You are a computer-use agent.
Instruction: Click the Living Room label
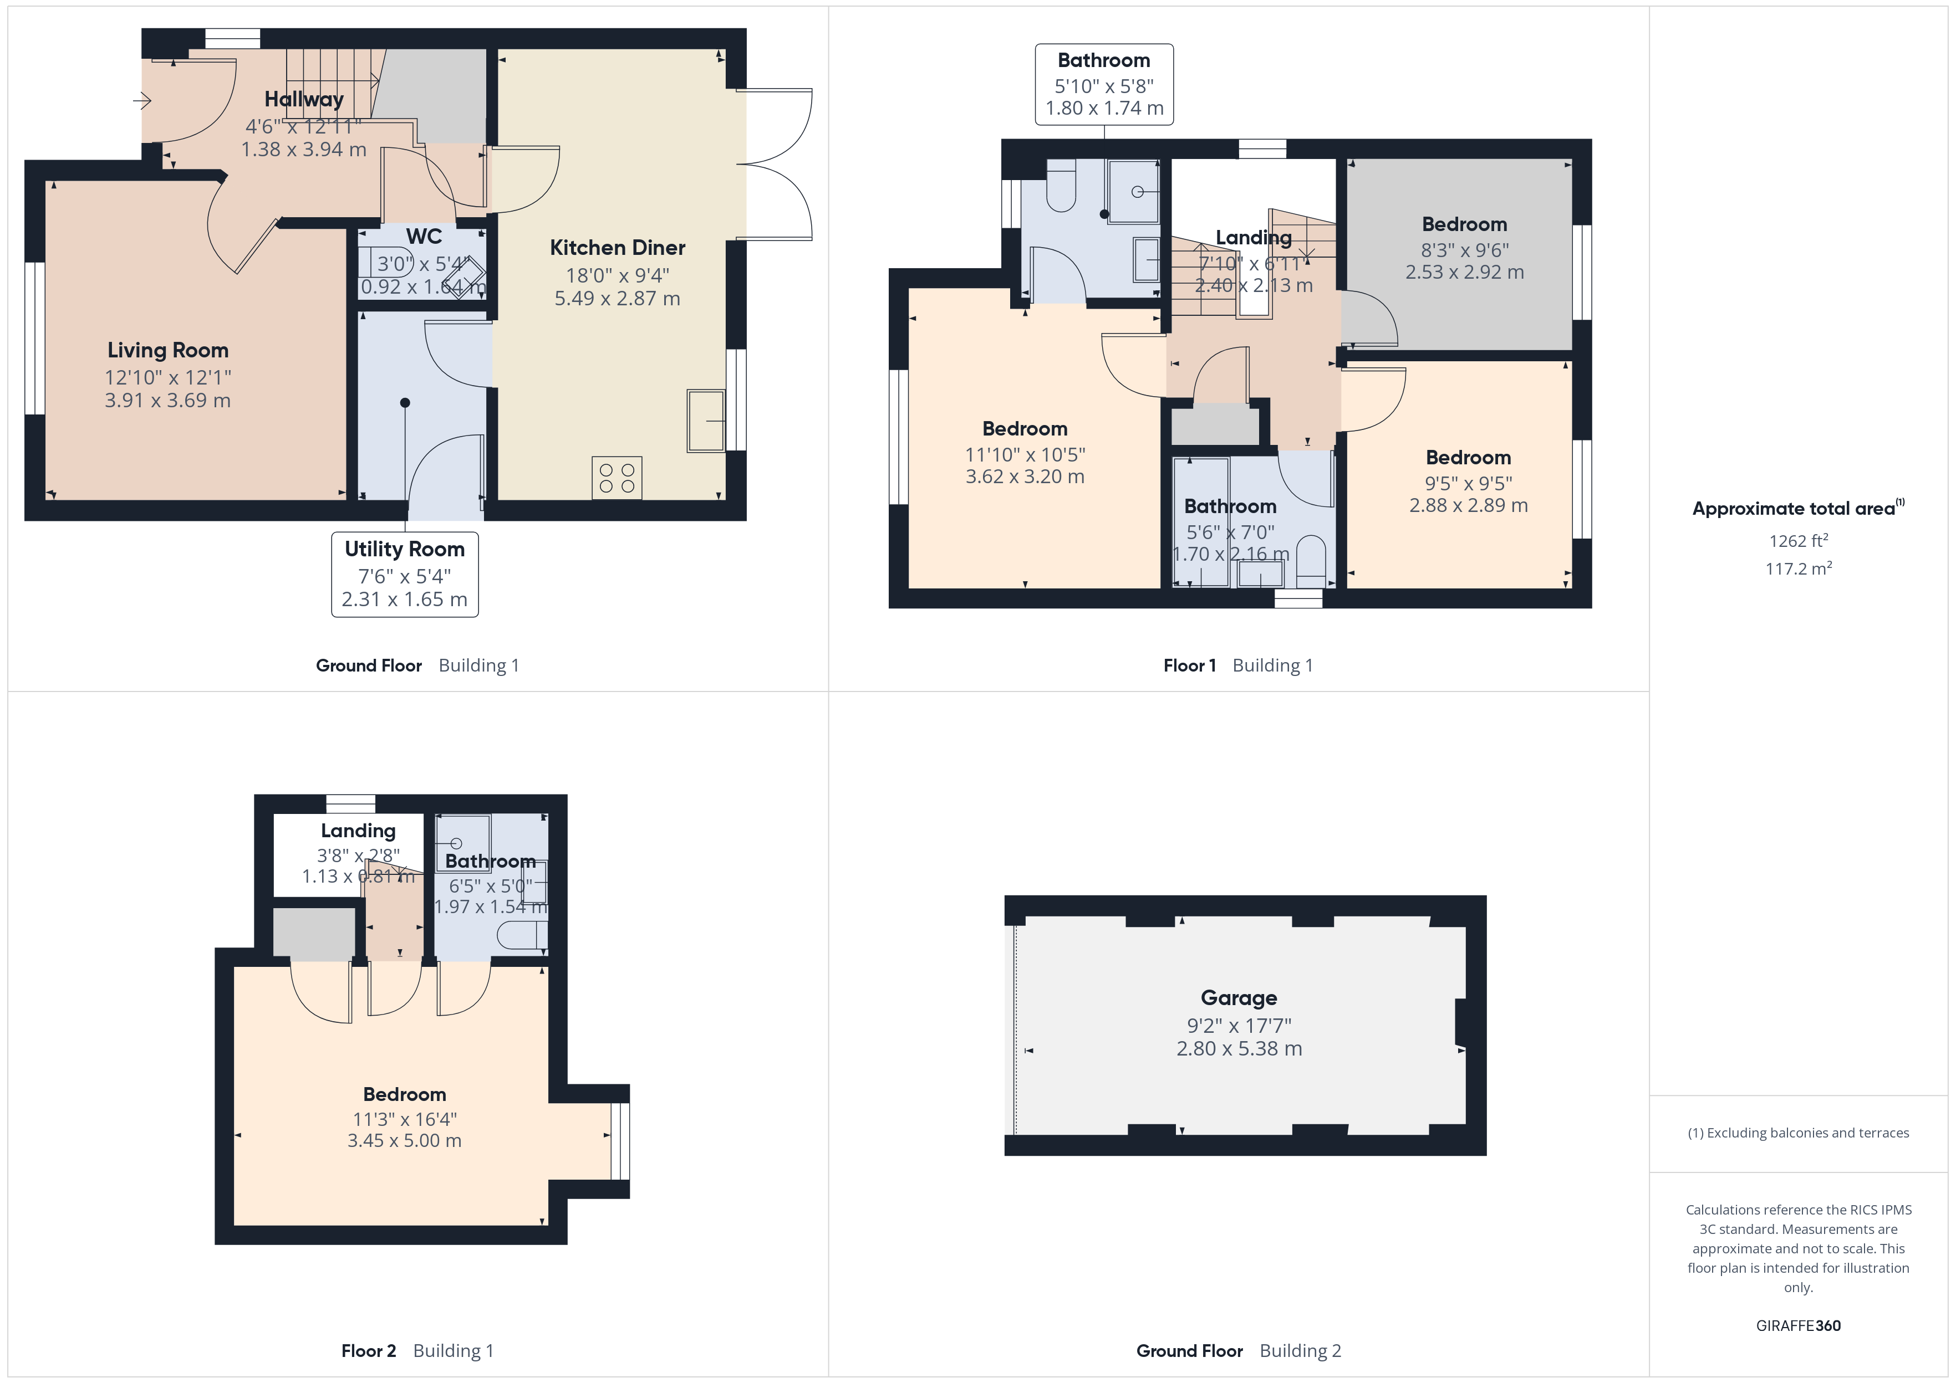(x=168, y=350)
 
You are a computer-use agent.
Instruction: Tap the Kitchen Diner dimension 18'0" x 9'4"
(x=618, y=275)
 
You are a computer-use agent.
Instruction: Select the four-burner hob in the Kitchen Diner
(x=617, y=478)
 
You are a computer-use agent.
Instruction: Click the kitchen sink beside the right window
(x=705, y=421)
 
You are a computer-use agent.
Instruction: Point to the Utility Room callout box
(x=405, y=574)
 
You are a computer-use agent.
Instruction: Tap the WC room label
(x=424, y=236)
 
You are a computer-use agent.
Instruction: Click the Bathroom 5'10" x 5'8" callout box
(x=1104, y=84)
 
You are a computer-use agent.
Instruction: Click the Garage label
(x=1239, y=997)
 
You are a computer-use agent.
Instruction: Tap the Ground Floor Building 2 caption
(x=1238, y=1351)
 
